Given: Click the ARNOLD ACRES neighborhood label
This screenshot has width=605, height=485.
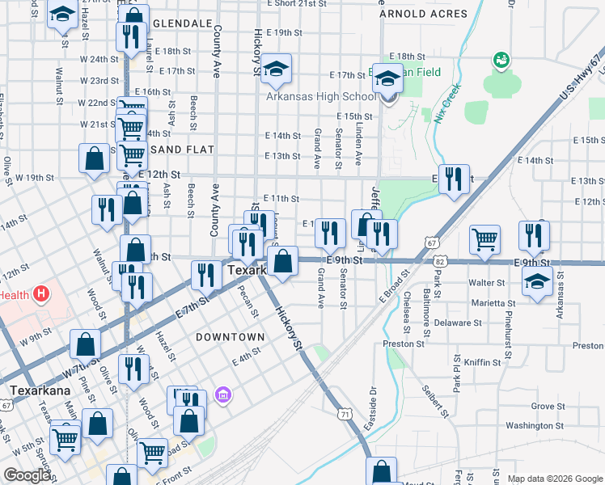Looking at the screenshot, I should tap(423, 14).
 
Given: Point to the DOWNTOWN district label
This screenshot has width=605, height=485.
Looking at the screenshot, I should tap(230, 336).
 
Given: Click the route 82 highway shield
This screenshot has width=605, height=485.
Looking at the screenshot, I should tap(439, 262).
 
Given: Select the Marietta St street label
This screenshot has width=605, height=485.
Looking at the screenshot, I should tap(493, 303).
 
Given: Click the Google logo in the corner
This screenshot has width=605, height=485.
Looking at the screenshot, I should tap(27, 475).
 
